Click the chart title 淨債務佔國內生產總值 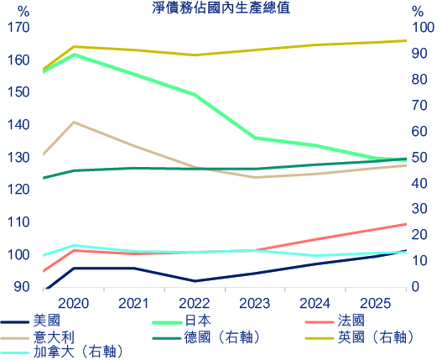click(x=221, y=9)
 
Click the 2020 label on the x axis click(x=75, y=302)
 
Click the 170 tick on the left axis click(x=18, y=28)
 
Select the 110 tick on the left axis click(x=18, y=222)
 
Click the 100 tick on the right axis click(x=424, y=28)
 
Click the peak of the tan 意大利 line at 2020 click(x=74, y=123)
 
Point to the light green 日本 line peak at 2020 click(x=74, y=55)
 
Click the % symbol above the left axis click(x=23, y=11)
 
